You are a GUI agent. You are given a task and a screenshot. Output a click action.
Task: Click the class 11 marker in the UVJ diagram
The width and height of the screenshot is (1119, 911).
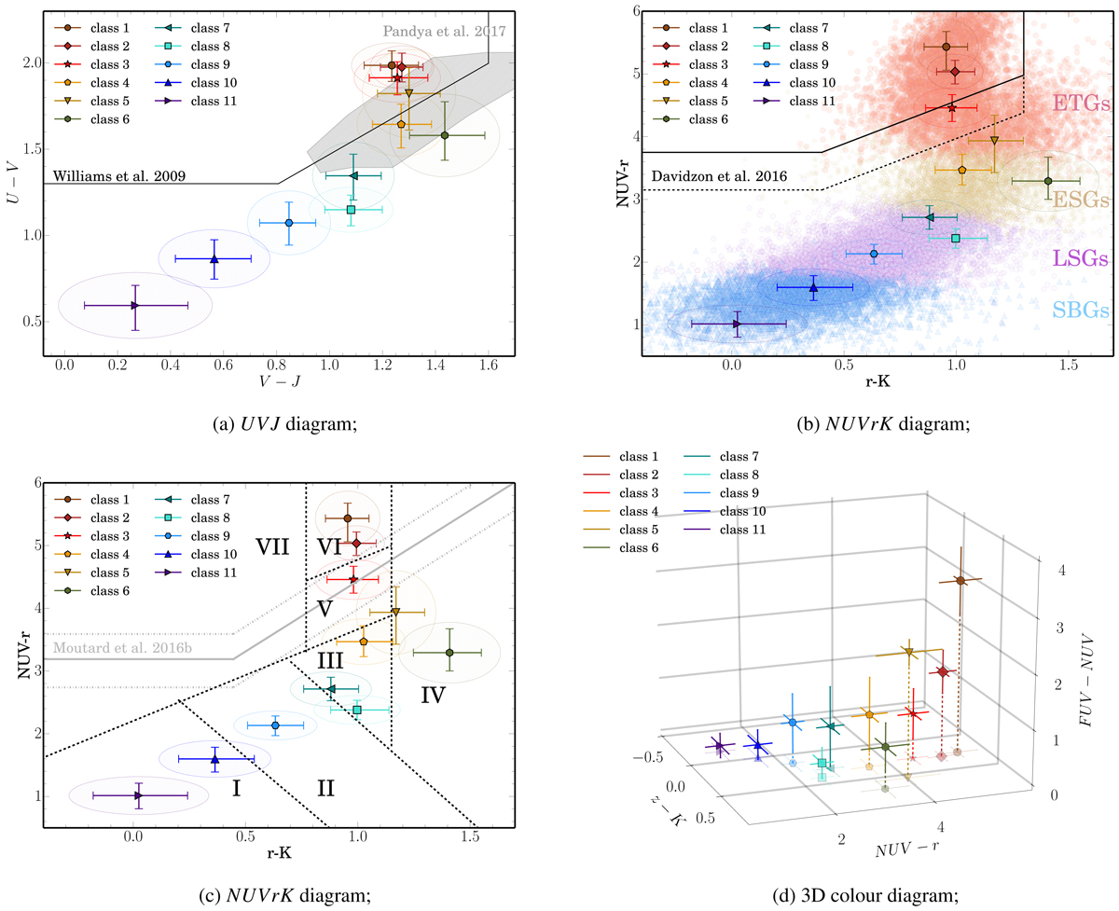click(x=135, y=305)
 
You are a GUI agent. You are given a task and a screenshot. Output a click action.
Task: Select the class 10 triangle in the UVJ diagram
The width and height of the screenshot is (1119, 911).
click(x=214, y=258)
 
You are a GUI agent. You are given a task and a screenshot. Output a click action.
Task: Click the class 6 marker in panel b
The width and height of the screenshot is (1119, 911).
click(x=1048, y=181)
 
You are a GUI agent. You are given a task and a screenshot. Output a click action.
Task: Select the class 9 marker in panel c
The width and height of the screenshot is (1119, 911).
click(x=275, y=725)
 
